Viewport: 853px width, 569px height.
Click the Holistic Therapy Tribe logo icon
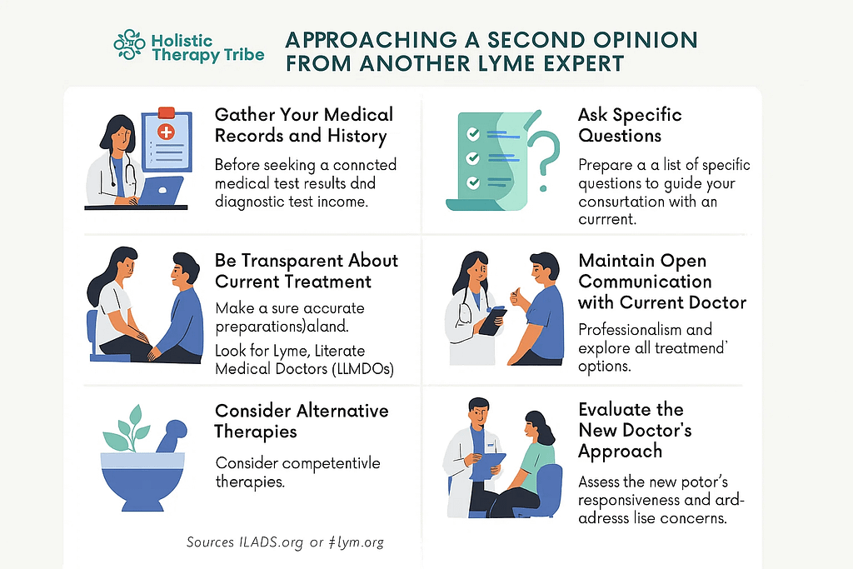pos(129,47)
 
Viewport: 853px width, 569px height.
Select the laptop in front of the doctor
pos(161,190)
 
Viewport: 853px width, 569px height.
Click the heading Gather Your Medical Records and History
pos(303,124)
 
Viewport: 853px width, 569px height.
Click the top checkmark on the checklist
pos(472,132)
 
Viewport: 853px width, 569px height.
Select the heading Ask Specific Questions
pos(630,125)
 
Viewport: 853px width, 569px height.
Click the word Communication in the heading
pos(645,282)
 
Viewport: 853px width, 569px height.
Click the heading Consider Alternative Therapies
pos(302,421)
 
